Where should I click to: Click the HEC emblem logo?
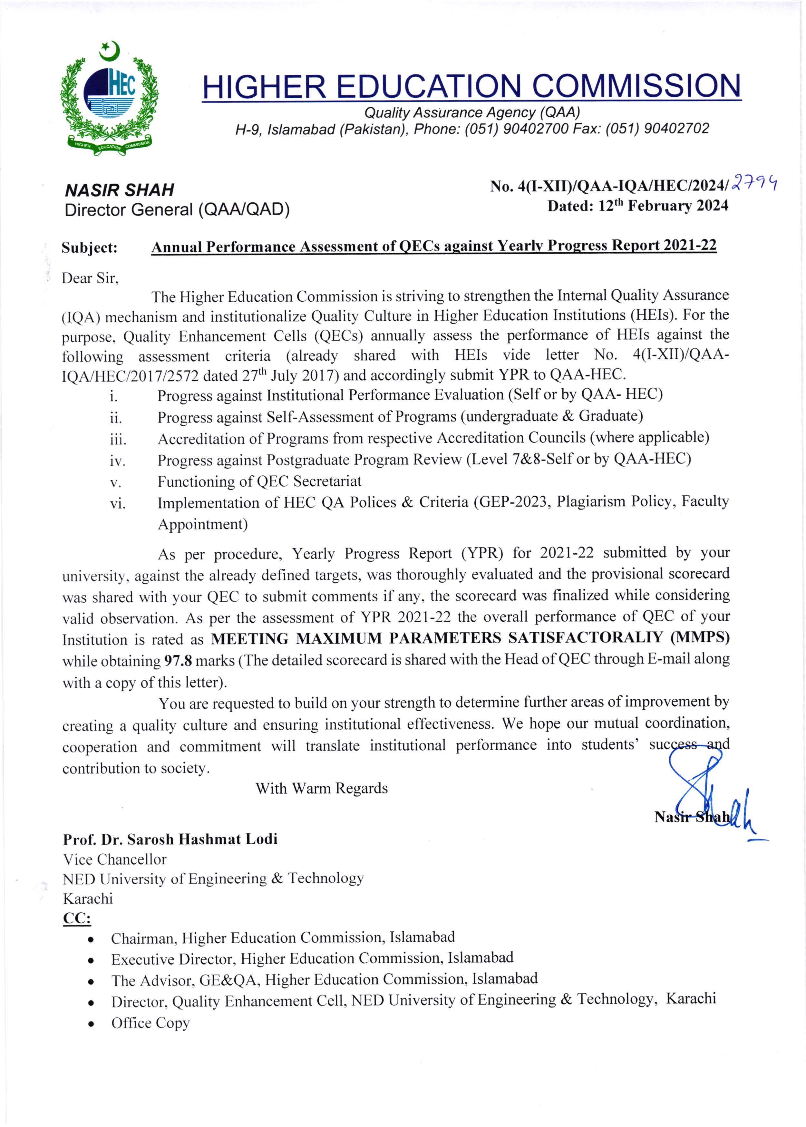109,99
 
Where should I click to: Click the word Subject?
89,248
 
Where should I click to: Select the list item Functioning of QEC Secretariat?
259,481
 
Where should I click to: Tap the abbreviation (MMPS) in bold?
700,638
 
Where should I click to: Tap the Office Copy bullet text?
150,1023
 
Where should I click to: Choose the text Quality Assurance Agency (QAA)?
472,113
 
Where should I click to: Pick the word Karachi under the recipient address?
88,899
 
